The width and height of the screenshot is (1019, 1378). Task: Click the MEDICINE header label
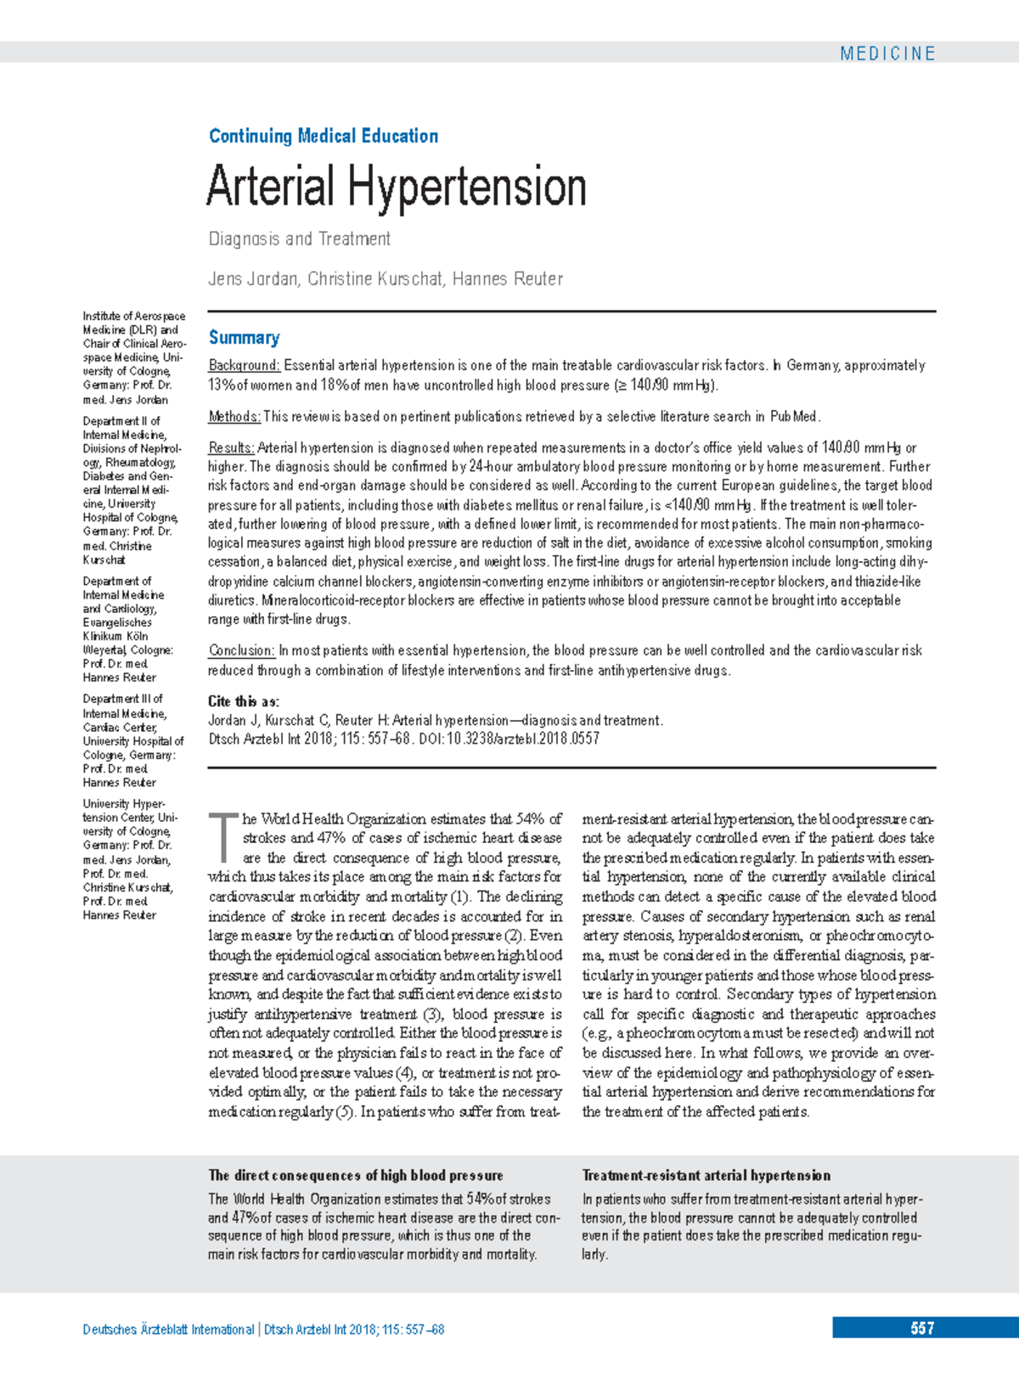click(887, 53)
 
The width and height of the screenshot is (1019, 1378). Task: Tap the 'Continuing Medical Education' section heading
click(324, 136)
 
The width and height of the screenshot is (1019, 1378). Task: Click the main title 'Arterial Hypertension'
click(397, 187)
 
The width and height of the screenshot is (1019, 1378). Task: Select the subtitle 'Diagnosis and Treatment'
click(300, 239)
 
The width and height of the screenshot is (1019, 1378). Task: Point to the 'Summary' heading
click(245, 338)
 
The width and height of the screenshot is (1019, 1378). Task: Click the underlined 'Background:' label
click(244, 366)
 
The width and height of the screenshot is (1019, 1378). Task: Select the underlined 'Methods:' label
click(234, 417)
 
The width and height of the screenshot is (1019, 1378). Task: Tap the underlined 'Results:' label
click(231, 448)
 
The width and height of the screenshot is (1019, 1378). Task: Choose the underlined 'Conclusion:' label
click(241, 651)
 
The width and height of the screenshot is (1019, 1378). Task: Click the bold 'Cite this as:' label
click(244, 701)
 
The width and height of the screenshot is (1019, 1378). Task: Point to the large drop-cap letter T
click(224, 835)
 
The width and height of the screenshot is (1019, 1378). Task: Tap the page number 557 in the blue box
click(922, 1329)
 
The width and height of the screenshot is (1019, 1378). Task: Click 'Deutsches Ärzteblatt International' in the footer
click(168, 1330)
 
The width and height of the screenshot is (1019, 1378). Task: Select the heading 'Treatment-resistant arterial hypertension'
click(706, 1176)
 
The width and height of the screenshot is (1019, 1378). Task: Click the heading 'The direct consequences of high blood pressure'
click(356, 1176)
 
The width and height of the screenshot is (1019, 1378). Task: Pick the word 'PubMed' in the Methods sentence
click(794, 417)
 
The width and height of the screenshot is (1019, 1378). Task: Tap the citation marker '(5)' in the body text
click(344, 1112)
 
